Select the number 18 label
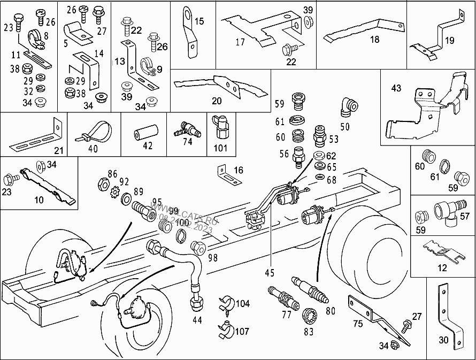[374, 40]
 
